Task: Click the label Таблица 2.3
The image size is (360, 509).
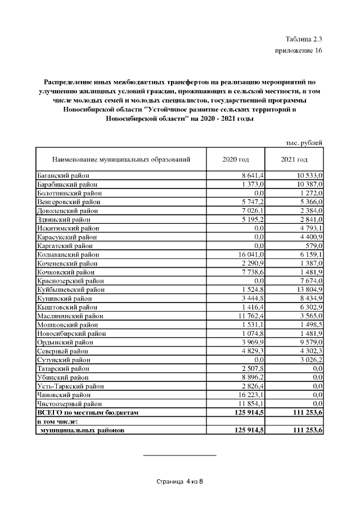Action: pos(304,39)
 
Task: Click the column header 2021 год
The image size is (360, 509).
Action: pos(294,159)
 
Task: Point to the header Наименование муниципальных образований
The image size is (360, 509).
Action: pos(121,159)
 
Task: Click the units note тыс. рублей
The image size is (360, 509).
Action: pos(304,143)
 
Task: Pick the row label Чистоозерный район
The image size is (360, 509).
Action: pos(69,404)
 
